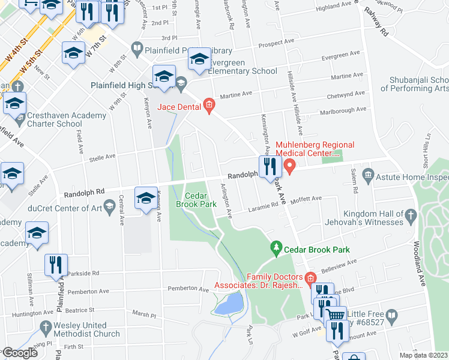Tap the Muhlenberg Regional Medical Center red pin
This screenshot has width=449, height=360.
tap(290, 166)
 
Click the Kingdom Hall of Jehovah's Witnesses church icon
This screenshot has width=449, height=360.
tap(411, 214)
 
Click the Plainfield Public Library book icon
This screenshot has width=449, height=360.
tap(137, 48)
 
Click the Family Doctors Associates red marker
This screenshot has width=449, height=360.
tap(310, 277)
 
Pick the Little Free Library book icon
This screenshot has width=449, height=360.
tap(391, 314)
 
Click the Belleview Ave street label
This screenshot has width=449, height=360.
tap(340, 265)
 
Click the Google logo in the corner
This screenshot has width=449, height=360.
tap(19, 353)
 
